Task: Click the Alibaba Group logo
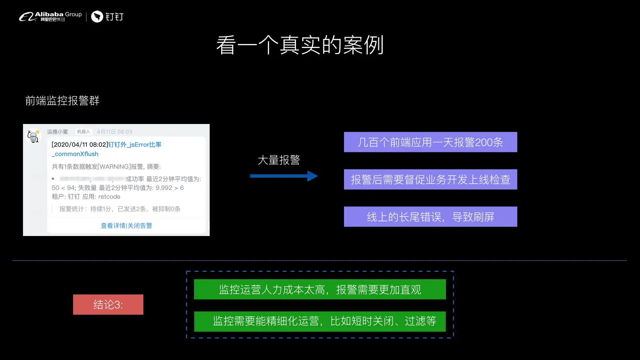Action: click(x=50, y=16)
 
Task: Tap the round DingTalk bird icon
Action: click(x=97, y=17)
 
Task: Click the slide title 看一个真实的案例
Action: click(x=300, y=45)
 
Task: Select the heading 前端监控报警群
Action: click(x=62, y=101)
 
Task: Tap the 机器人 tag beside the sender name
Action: click(x=84, y=132)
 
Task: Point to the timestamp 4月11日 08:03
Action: click(x=114, y=132)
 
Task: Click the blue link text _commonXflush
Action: click(x=75, y=154)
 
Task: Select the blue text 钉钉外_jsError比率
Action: click(x=135, y=145)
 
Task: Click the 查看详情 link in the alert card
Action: click(x=113, y=226)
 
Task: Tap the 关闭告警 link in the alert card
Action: click(x=140, y=226)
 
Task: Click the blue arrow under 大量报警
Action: click(x=284, y=176)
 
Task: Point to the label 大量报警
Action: click(x=279, y=160)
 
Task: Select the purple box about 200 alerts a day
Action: click(x=430, y=142)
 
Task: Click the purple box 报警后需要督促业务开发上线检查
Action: click(x=430, y=180)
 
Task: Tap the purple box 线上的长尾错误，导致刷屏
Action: click(x=430, y=217)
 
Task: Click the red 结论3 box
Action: click(x=108, y=305)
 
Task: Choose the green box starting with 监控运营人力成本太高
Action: click(x=320, y=289)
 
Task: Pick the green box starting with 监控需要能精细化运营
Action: click(x=320, y=321)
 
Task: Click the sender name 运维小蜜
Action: click(x=57, y=132)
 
